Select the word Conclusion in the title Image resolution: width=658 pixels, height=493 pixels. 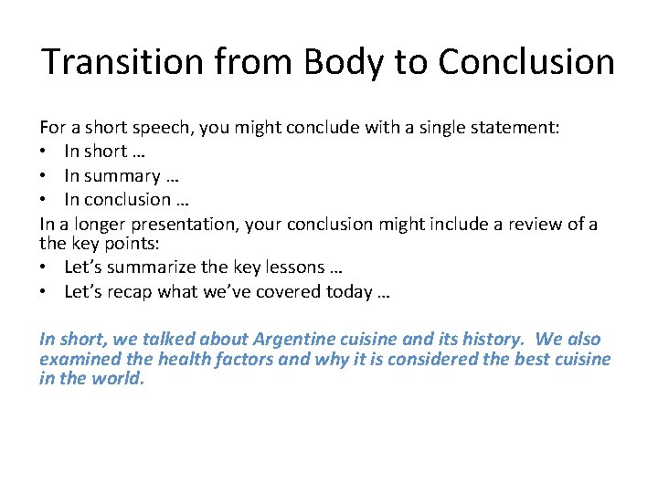point(526,62)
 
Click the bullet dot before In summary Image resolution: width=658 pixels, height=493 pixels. point(45,176)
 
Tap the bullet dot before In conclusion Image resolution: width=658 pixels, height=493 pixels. point(45,199)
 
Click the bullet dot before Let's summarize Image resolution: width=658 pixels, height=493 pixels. point(45,267)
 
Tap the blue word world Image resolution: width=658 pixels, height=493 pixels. point(117,379)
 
